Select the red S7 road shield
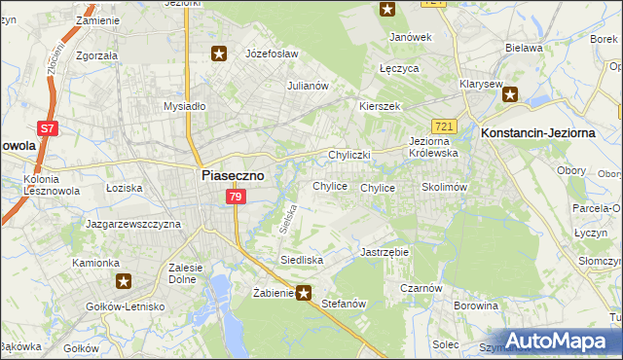[47, 126]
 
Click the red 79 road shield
[235, 198]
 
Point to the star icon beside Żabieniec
[304, 292]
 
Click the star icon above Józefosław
[219, 54]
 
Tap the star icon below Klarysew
[510, 94]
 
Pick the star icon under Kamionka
[124, 282]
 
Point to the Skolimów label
[445, 187]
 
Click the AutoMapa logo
[556, 341]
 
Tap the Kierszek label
[380, 106]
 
